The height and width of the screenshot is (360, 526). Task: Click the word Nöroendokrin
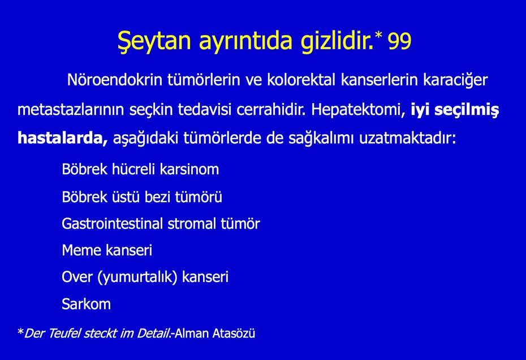(x=115, y=80)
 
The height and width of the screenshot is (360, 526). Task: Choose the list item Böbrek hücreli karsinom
(x=140, y=169)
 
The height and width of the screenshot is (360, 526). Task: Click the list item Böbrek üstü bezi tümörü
(x=141, y=197)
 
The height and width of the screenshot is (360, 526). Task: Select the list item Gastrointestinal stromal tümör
(x=161, y=224)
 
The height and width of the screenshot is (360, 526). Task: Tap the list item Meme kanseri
(x=106, y=250)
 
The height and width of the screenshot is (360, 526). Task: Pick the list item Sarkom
(x=86, y=304)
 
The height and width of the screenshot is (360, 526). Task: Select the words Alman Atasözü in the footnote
(x=215, y=333)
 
